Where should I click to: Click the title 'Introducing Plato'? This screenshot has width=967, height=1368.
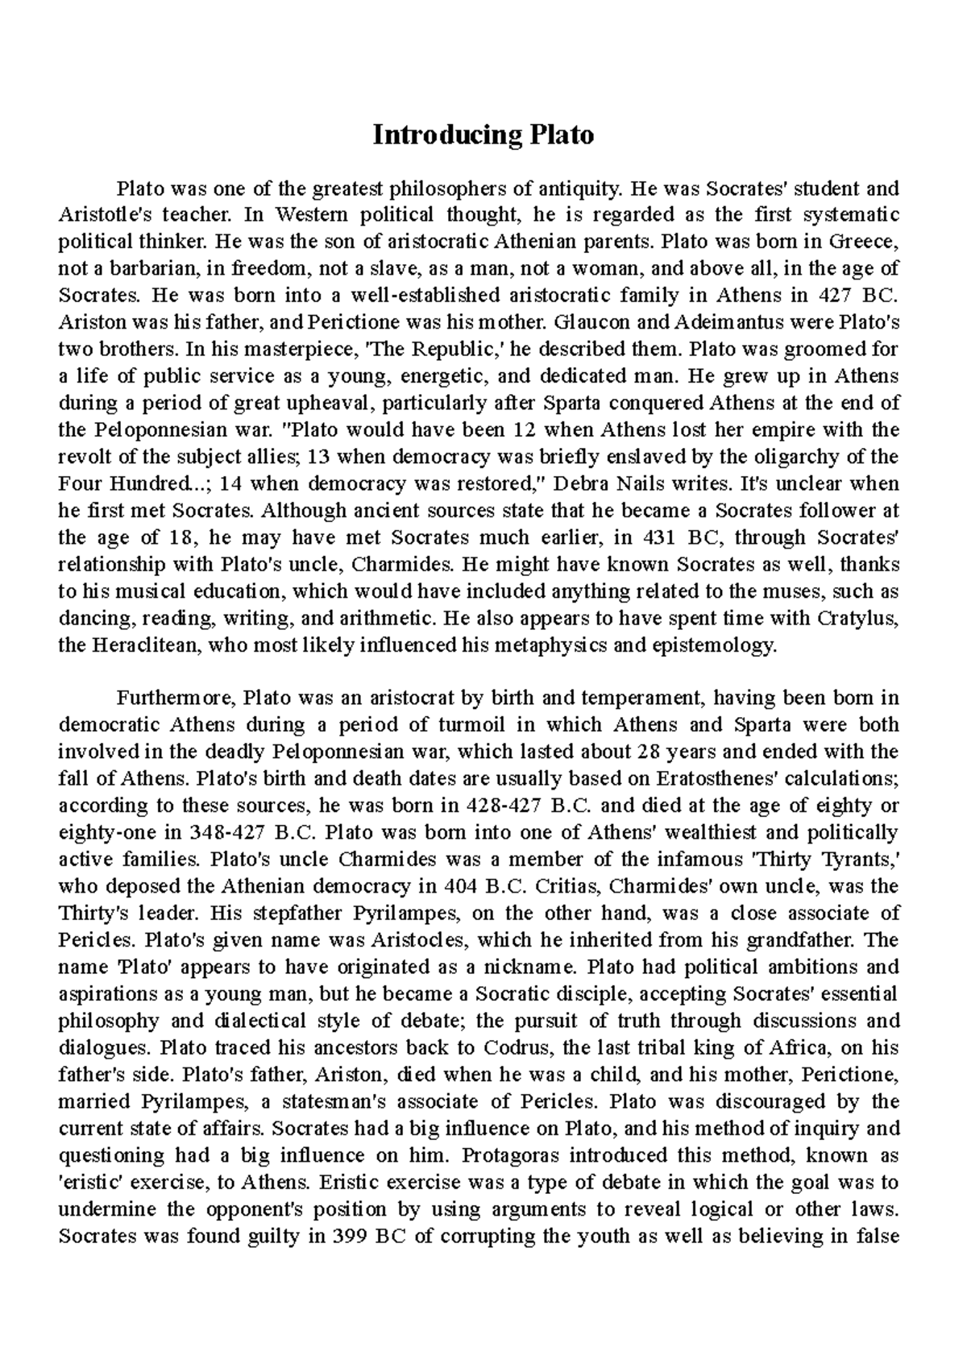point(483,135)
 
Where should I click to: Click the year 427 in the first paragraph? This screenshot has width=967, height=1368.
point(834,296)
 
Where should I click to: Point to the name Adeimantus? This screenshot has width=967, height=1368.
point(733,323)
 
